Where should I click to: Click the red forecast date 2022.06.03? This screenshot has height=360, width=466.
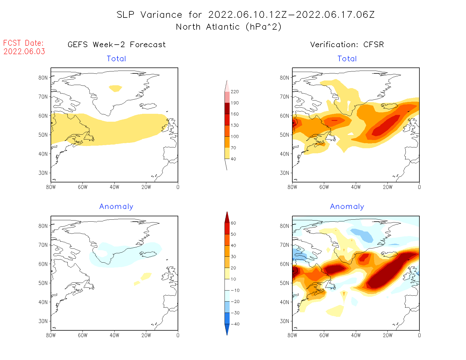click(x=24, y=52)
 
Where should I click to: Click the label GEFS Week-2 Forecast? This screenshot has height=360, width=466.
click(x=117, y=45)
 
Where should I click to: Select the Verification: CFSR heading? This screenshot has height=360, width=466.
click(x=347, y=45)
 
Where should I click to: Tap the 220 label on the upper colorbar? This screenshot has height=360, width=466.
click(x=234, y=92)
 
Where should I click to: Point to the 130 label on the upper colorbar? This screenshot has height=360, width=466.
click(x=234, y=125)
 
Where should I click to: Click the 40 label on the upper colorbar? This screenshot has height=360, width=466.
click(x=233, y=159)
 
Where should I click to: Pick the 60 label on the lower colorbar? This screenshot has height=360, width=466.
click(x=233, y=223)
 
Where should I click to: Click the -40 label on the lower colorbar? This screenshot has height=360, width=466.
click(x=235, y=324)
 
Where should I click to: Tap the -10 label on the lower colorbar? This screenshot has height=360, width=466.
click(x=235, y=290)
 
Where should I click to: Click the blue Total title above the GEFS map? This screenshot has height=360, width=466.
click(x=116, y=59)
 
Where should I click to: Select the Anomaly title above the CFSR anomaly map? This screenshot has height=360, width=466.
click(x=347, y=207)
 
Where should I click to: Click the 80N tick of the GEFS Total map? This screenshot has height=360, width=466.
click(x=43, y=78)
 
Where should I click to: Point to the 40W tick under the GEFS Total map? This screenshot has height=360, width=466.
click(x=114, y=187)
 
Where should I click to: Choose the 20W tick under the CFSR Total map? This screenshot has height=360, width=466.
click(x=387, y=187)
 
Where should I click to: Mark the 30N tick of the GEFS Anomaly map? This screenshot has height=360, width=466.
click(x=43, y=321)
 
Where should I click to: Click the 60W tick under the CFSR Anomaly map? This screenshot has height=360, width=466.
click(x=324, y=335)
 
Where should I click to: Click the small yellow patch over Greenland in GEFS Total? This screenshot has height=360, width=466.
click(x=116, y=88)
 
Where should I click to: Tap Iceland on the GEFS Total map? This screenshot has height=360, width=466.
click(x=148, y=106)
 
